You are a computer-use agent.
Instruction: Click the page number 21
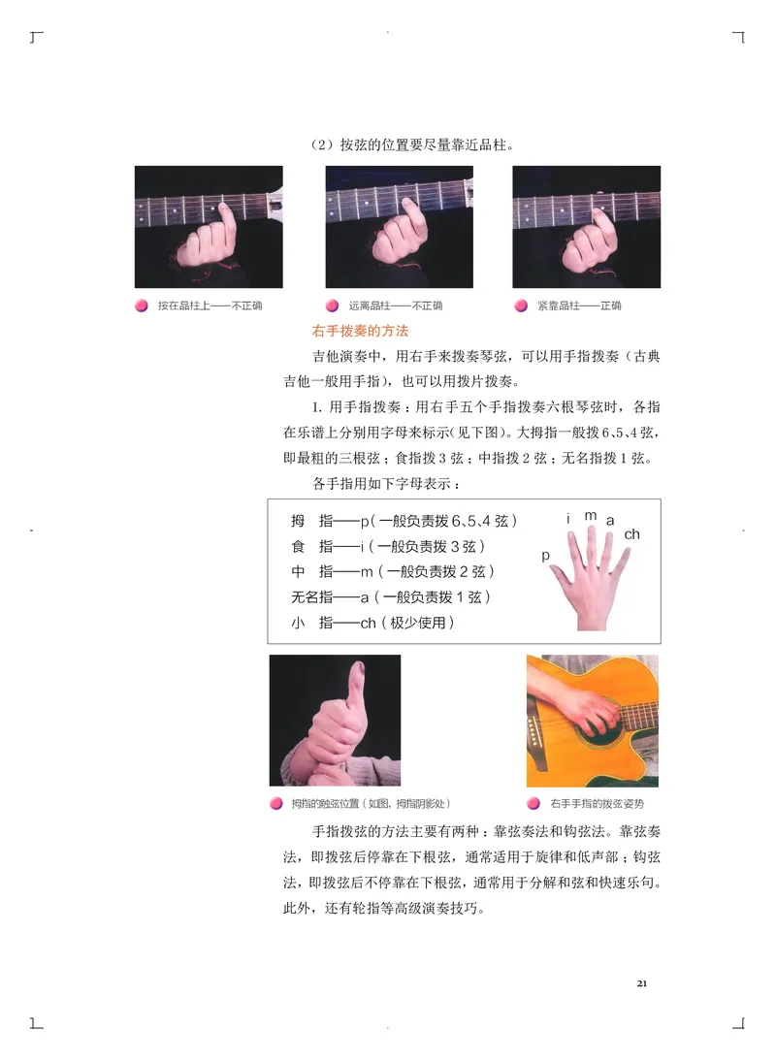(x=642, y=983)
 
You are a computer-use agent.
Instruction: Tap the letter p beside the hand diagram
(x=546, y=556)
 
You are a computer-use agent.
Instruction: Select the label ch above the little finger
(x=631, y=534)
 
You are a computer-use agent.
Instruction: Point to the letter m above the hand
(x=590, y=516)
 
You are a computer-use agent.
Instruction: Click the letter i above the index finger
(x=568, y=520)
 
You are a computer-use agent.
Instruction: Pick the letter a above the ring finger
(x=610, y=521)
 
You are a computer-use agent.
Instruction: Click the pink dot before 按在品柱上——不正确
(x=141, y=305)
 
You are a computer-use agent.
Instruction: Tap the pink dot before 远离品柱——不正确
(x=332, y=305)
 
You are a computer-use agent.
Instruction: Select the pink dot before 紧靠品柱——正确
(x=520, y=305)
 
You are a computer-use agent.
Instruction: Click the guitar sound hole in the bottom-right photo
(x=593, y=737)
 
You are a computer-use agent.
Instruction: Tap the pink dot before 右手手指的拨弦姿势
(x=533, y=804)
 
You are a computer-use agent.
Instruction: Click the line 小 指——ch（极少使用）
(x=372, y=623)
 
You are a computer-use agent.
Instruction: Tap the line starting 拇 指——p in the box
(x=404, y=521)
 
